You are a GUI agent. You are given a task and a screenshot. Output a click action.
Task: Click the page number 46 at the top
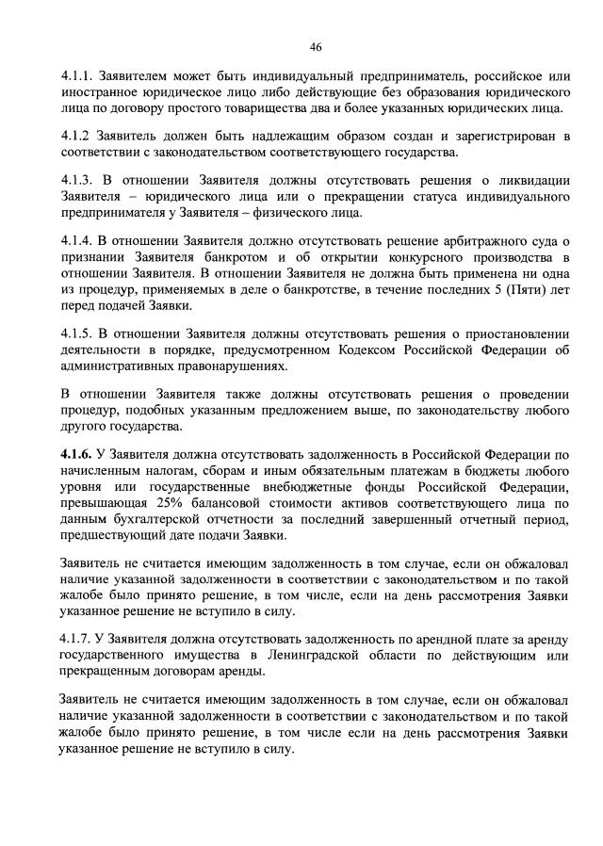(316, 48)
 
